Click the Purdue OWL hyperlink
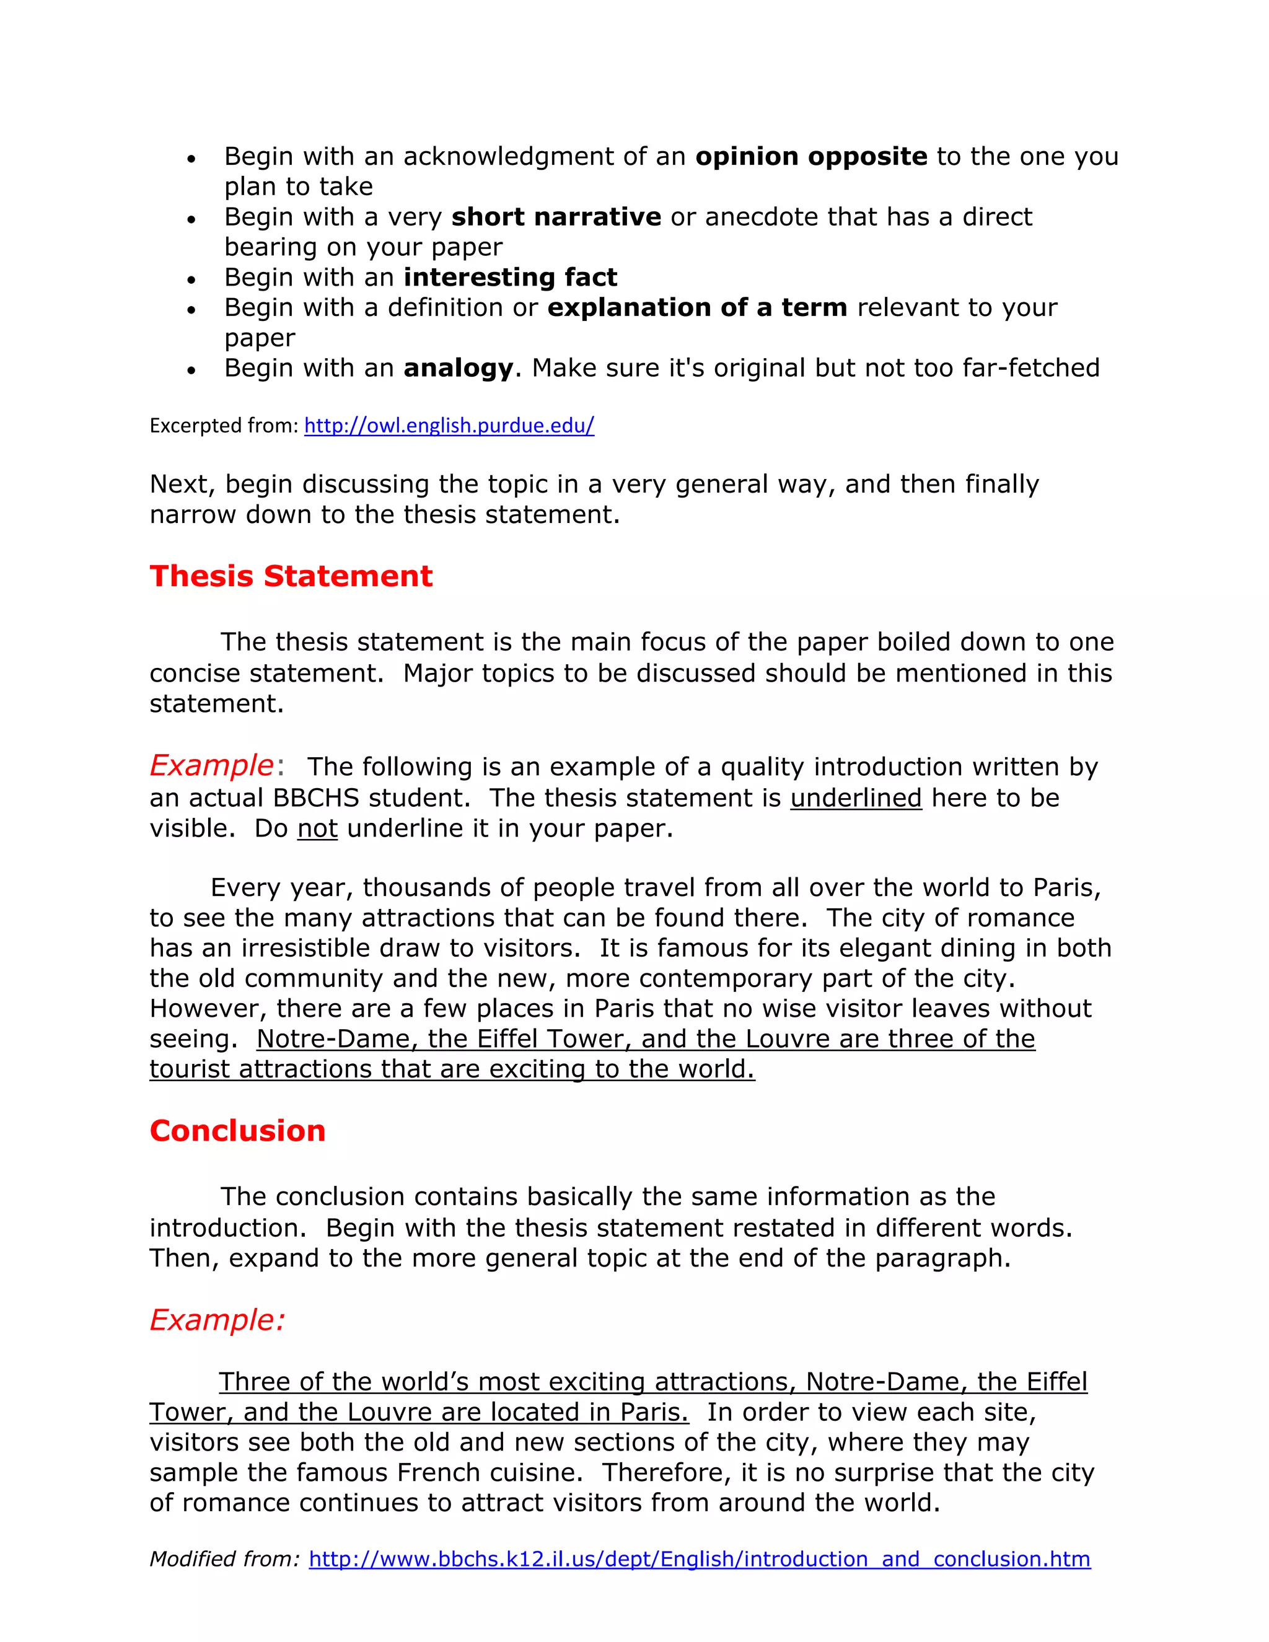click(x=449, y=426)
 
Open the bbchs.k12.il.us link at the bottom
click(x=699, y=1558)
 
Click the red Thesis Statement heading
click(x=291, y=576)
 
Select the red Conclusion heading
click(x=237, y=1131)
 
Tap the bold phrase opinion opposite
click(x=811, y=156)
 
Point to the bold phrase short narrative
click(x=556, y=216)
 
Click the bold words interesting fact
click(x=511, y=278)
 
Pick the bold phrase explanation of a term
click(x=697, y=307)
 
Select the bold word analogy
click(x=458, y=367)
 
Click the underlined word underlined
click(x=856, y=797)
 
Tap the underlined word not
click(x=317, y=828)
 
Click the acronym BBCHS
click(x=317, y=797)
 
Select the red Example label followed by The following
click(x=211, y=765)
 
